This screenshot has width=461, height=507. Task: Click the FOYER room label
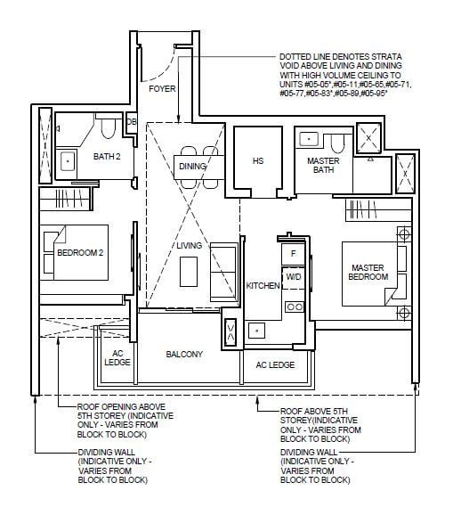(162, 88)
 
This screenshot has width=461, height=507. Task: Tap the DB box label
(131, 122)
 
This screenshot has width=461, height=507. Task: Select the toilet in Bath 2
(108, 127)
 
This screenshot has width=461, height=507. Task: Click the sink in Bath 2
(68, 160)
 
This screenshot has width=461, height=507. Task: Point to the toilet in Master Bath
(338, 143)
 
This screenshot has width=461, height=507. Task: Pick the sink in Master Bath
(309, 139)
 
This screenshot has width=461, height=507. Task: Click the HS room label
(258, 160)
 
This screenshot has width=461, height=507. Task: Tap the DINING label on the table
(192, 167)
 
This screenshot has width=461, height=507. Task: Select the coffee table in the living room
(189, 272)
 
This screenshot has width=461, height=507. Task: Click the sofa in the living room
(222, 272)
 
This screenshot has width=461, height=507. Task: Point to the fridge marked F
(293, 254)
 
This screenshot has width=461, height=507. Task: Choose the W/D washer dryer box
(294, 278)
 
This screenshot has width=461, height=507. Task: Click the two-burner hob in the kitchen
(295, 307)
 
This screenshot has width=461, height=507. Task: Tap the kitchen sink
(257, 331)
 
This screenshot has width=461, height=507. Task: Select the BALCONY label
(184, 355)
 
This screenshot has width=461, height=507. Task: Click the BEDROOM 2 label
(80, 252)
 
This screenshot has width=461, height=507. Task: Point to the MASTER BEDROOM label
(368, 273)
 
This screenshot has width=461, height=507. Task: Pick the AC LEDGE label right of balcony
(275, 365)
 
